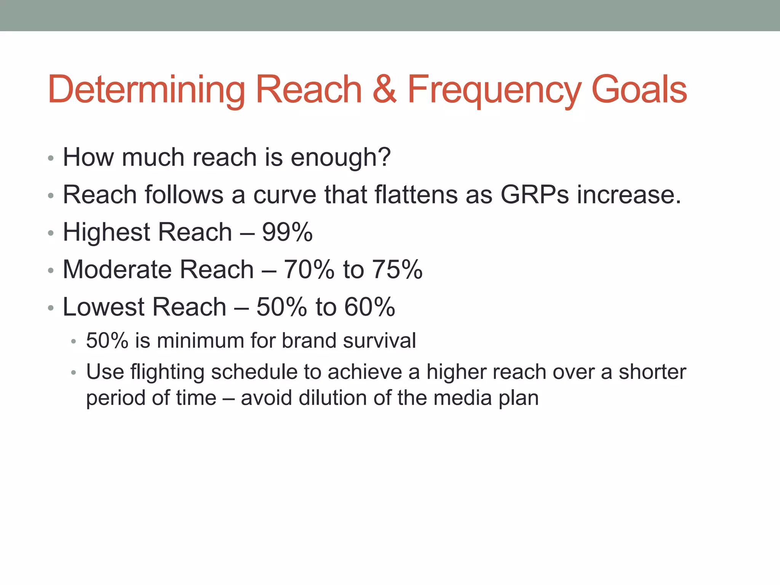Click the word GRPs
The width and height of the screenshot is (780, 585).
point(534,195)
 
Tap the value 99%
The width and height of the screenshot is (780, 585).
point(287,232)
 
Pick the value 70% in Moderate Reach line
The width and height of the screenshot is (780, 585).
point(309,269)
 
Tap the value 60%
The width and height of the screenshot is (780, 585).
point(369,307)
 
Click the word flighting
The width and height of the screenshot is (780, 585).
point(168,372)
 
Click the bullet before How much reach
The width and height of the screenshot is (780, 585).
point(51,158)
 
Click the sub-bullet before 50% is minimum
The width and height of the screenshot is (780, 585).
point(74,341)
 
